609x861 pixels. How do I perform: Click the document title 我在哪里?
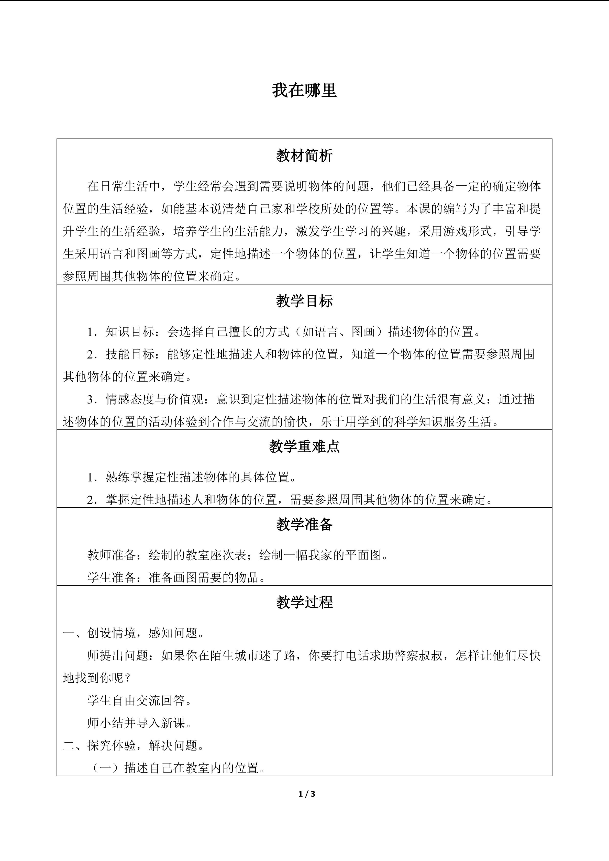(x=304, y=90)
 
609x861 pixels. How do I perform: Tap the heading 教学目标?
(x=304, y=301)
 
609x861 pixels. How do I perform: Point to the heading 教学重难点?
(x=304, y=446)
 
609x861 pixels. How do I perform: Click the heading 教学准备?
(x=304, y=524)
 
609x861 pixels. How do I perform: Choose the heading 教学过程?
(x=304, y=602)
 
